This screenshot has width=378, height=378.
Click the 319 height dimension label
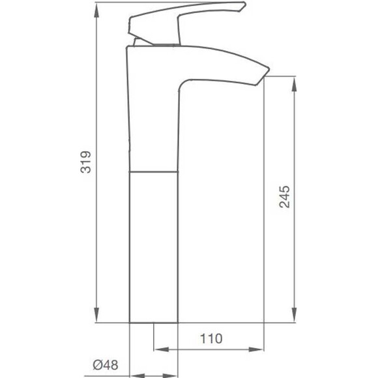85,162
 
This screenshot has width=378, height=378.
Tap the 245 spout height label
284,196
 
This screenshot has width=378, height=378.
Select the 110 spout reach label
211,338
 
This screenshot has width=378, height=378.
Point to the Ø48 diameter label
106,365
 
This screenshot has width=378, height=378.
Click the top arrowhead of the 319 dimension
96,10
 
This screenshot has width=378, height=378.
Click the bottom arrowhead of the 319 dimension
96,314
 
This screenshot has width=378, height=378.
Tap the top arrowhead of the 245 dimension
294,84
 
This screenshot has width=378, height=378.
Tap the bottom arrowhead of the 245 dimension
294,314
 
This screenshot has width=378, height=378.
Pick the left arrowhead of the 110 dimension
162,349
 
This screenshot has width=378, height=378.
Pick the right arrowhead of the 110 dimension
256,349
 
